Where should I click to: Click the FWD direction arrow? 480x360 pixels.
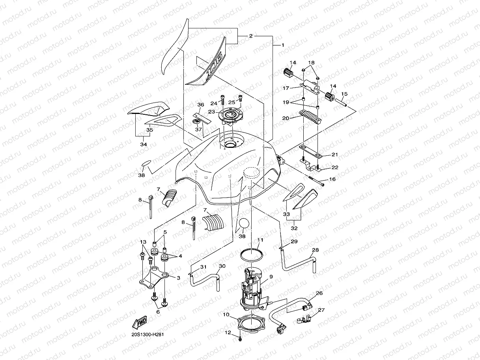[x=140, y=323]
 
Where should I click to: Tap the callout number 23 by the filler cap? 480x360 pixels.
[x=212, y=112]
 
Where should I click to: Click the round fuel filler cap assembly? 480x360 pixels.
[x=230, y=115]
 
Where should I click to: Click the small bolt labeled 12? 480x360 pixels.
[x=240, y=338]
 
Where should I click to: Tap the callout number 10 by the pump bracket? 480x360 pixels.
[x=226, y=314]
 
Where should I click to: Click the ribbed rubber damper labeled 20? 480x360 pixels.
[x=310, y=116]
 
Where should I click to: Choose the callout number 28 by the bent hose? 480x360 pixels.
[x=316, y=250]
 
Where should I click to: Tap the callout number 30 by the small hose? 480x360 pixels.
[x=222, y=266]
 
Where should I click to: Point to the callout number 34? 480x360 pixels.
[x=144, y=144]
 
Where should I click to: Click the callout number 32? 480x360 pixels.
[x=294, y=228]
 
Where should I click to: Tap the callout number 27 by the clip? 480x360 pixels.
[x=321, y=310]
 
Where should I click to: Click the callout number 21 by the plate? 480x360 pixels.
[x=334, y=154]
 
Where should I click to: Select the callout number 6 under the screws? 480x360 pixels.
[x=158, y=312]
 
